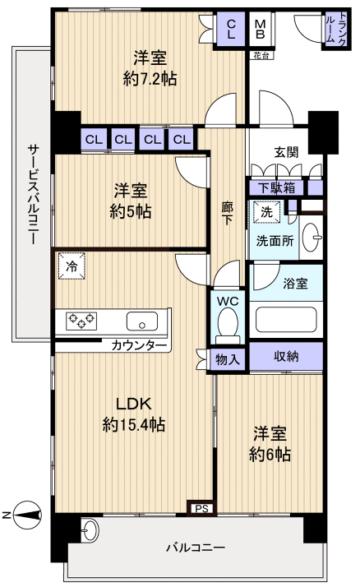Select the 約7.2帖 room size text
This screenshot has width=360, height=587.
click(150, 79)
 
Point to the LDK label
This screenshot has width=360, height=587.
click(132, 404)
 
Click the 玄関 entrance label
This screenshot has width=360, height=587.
click(286, 151)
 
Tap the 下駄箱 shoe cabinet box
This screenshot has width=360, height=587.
click(274, 187)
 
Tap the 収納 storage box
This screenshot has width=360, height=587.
click(286, 357)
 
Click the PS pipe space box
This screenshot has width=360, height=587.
click(201, 508)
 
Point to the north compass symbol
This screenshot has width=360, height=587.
click(25, 515)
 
